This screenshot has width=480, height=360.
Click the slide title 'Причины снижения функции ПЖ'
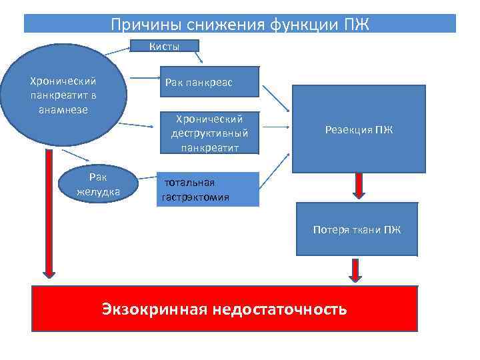(240, 25)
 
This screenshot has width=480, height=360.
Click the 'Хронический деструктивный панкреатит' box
(208, 133)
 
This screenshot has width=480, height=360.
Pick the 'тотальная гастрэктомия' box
(207, 189)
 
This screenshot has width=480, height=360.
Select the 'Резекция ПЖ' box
(359, 129)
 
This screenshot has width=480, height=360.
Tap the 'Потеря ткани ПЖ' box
(357, 231)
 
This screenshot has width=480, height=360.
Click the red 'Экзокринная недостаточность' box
(225, 309)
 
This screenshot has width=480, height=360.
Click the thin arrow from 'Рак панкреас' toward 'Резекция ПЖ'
(275, 98)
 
